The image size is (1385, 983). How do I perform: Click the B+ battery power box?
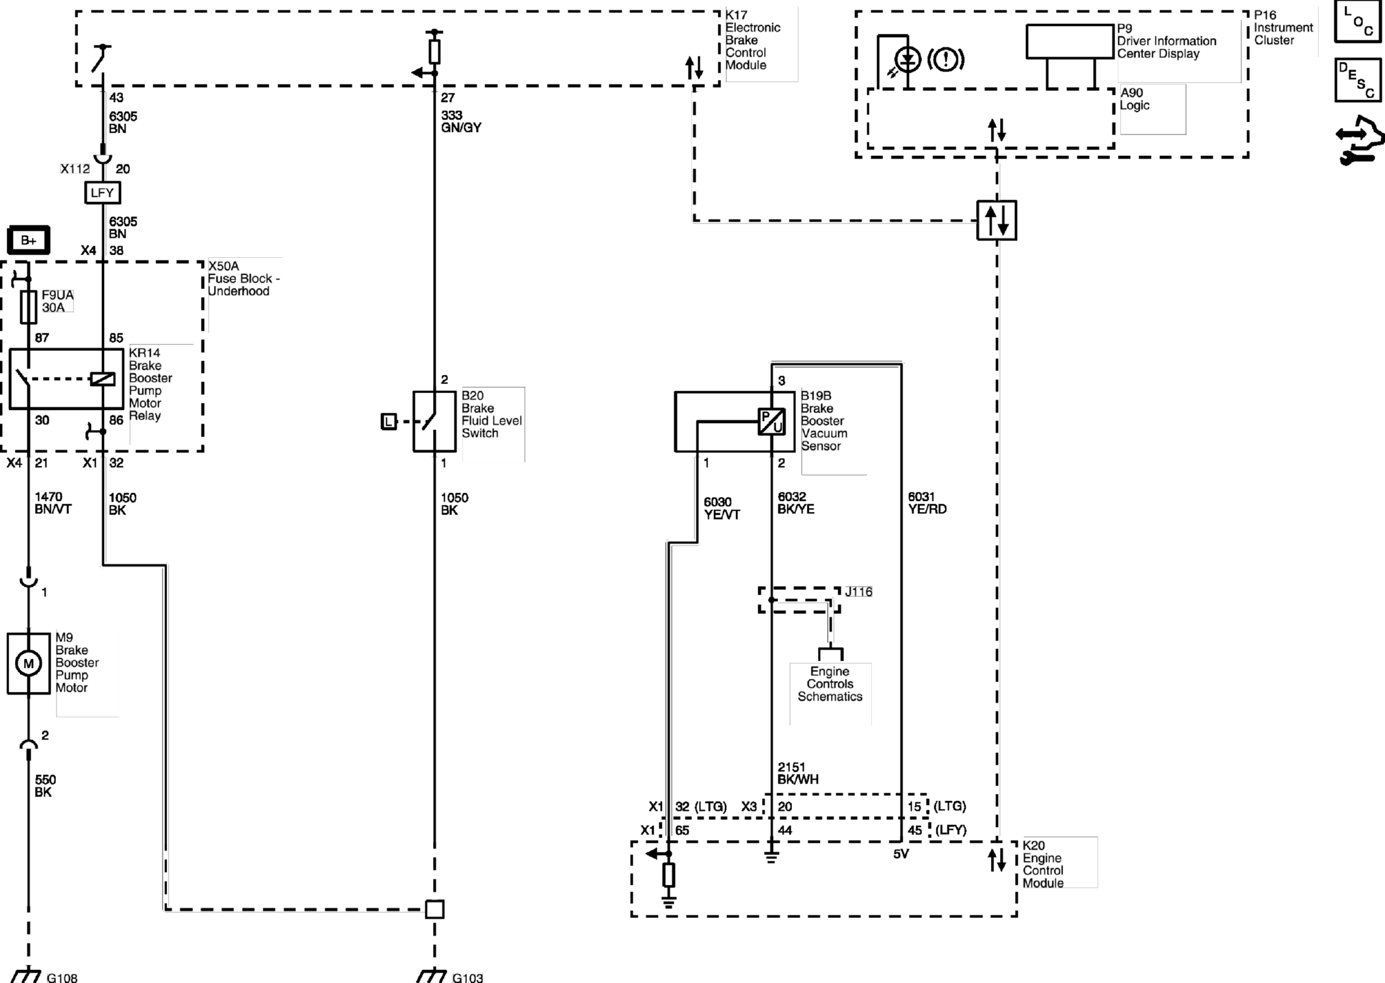point(29,240)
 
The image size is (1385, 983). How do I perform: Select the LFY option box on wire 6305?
point(103,192)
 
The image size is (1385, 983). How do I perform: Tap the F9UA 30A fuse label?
point(57,301)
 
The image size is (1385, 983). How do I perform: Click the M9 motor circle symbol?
point(29,663)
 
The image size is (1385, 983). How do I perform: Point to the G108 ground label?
point(62,977)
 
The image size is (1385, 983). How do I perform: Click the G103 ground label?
point(468,977)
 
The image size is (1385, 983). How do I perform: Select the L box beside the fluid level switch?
point(389,422)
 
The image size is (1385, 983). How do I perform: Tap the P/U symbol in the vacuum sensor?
point(772,422)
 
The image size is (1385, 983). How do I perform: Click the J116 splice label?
point(859,592)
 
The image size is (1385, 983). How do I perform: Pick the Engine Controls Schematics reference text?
point(830,683)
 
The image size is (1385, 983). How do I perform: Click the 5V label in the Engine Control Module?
point(901,854)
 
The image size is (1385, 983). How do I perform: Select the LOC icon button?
point(1358,21)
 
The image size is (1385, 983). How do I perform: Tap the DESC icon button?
point(1358,80)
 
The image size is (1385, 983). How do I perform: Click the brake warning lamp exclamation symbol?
point(945,60)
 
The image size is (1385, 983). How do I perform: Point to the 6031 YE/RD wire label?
point(927,503)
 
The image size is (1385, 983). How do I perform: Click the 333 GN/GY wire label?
point(461,121)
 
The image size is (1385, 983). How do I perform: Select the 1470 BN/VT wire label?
point(53,503)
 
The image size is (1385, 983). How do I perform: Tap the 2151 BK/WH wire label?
point(798,773)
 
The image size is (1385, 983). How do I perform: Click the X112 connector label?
point(75,169)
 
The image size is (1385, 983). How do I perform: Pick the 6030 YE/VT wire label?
point(722,508)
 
